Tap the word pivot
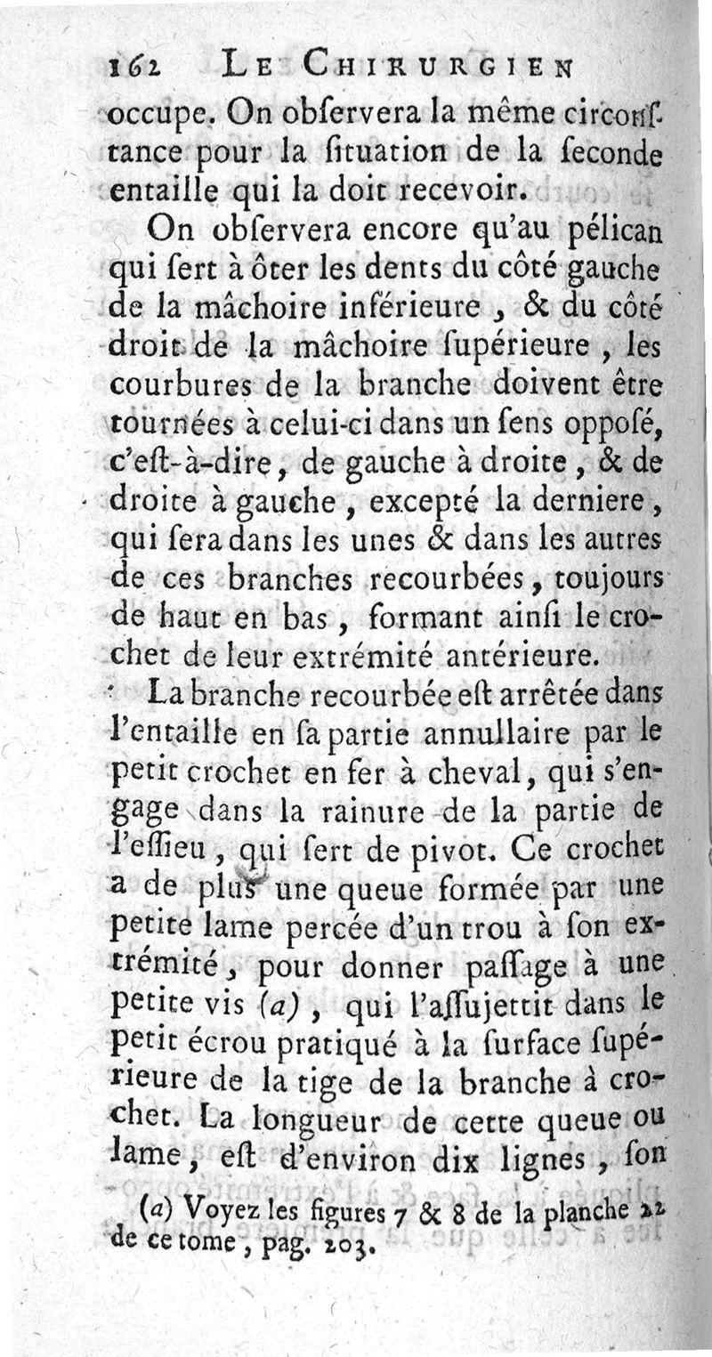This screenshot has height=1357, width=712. tap(450, 851)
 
